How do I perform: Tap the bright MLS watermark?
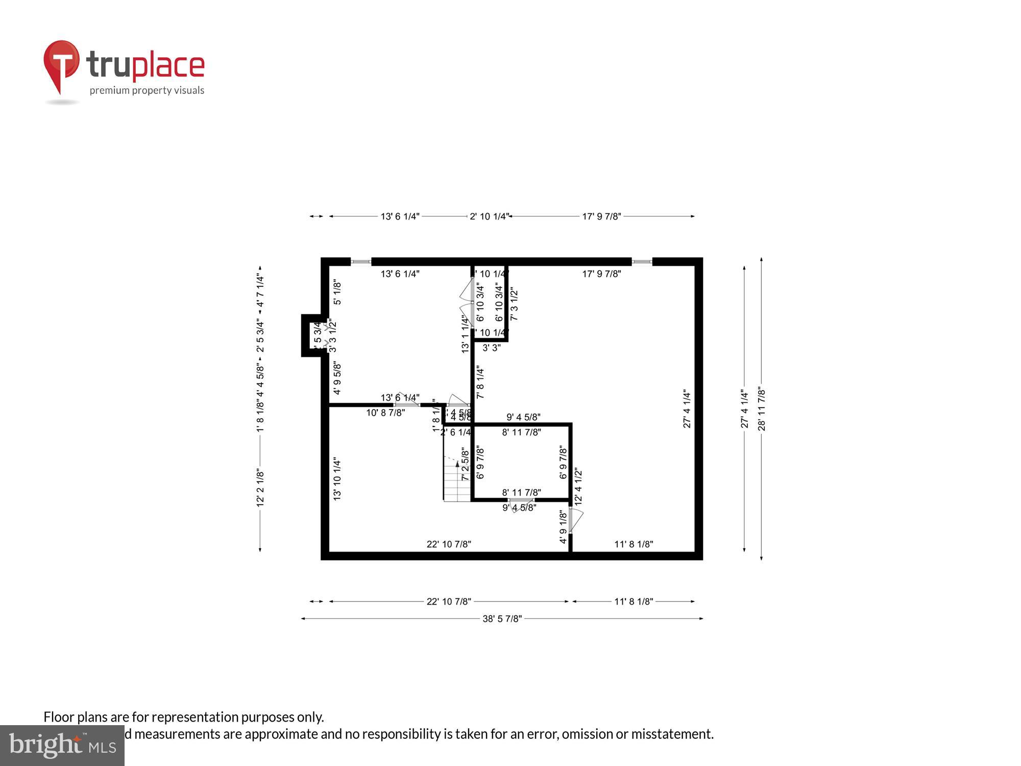[x=62, y=746]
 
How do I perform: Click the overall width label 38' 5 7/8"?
[x=502, y=619]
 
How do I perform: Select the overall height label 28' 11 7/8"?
[x=762, y=409]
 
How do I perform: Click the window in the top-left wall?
[x=361, y=262]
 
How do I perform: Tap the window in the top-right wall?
[x=642, y=262]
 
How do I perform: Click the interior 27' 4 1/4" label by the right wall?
[x=687, y=409]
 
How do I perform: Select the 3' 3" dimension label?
[x=492, y=348]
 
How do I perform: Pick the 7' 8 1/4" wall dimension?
[x=480, y=382]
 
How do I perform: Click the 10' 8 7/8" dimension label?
[x=385, y=413]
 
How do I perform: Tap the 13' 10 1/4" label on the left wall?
[x=337, y=478]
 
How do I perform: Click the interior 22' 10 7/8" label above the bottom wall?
[x=449, y=544]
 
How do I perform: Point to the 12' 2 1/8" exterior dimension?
[x=260, y=488]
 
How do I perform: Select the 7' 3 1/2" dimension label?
[x=514, y=305]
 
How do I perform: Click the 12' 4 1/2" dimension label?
[x=578, y=487]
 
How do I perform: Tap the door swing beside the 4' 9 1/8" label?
[x=576, y=520]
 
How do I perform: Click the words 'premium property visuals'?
[x=147, y=90]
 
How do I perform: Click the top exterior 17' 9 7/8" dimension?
[x=601, y=217]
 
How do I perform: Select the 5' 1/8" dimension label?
[x=337, y=292]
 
